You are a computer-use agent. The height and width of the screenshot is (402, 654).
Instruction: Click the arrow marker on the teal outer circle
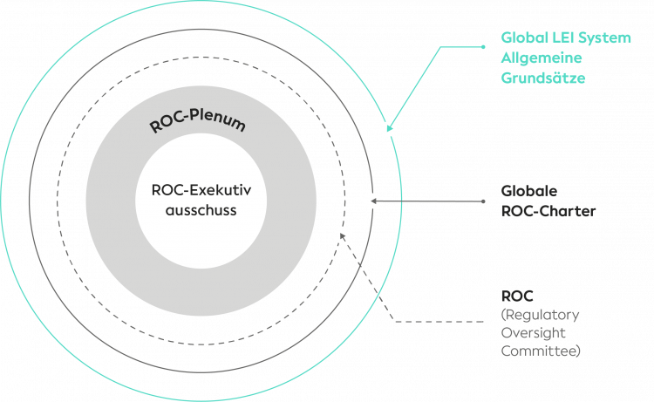tap(389, 129)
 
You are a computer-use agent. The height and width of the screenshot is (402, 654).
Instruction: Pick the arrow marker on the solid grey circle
tap(372, 201)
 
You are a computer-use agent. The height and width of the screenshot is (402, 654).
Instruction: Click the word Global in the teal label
tap(521, 38)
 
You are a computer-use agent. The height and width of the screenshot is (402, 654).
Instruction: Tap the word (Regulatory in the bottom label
tap(540, 315)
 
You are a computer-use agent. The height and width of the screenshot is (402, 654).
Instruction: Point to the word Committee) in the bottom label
tap(541, 351)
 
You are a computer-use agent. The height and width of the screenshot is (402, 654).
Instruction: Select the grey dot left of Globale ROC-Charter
tap(483, 201)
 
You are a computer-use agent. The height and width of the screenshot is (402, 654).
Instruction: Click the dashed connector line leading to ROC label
tap(436, 322)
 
